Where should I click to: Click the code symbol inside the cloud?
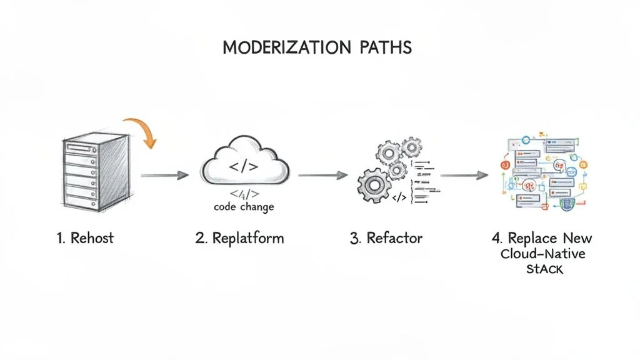244,167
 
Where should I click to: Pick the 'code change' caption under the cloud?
243,207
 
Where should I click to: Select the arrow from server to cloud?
164,176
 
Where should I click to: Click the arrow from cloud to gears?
322,176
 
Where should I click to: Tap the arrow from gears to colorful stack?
463,176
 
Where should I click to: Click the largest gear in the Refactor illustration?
373,184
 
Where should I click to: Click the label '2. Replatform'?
240,238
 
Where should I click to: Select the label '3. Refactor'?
385,238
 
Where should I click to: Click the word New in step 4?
577,238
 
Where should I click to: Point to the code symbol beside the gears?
399,197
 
